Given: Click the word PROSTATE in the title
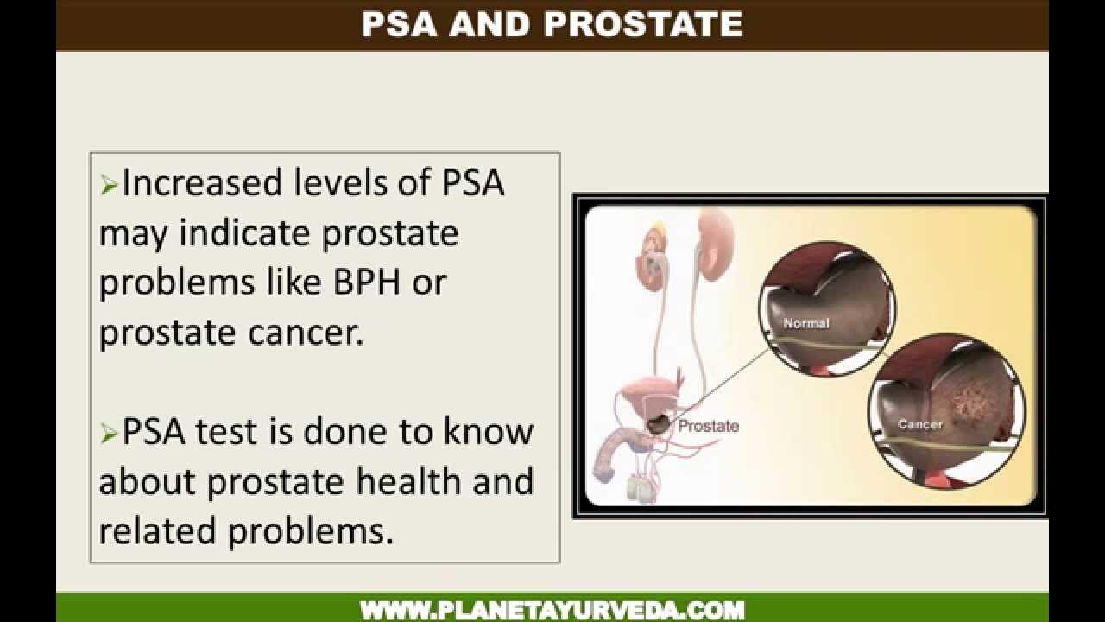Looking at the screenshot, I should coord(643,24).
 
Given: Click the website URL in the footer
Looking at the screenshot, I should coord(552,610).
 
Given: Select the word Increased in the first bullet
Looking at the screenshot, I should coord(202,184).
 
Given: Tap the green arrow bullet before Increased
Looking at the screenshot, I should coord(109,185).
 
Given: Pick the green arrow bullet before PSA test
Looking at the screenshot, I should coord(109,434).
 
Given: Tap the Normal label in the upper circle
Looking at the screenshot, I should coord(805,323).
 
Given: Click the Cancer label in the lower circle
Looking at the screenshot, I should coord(919,424).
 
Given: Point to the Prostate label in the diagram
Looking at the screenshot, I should coord(708,426).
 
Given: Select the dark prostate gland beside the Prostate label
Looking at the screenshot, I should coord(659,423).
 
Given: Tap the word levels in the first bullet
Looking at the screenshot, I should coord(345,184).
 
